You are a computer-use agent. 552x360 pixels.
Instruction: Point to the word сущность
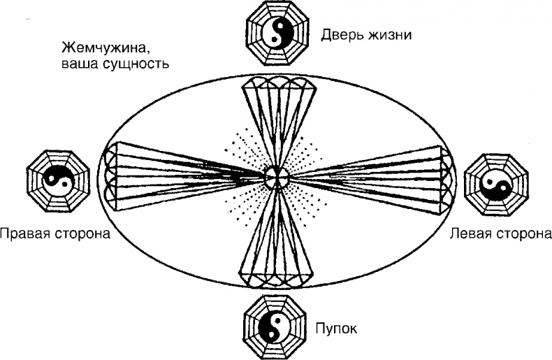point(136,65)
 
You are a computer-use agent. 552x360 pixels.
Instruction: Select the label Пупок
point(336,329)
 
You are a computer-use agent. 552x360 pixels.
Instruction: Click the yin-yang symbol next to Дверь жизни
point(277,33)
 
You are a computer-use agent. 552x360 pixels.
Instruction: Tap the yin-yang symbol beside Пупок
point(275,326)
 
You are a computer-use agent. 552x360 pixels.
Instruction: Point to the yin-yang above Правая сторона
point(58,182)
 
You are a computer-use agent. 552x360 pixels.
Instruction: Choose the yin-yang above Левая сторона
point(496,184)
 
